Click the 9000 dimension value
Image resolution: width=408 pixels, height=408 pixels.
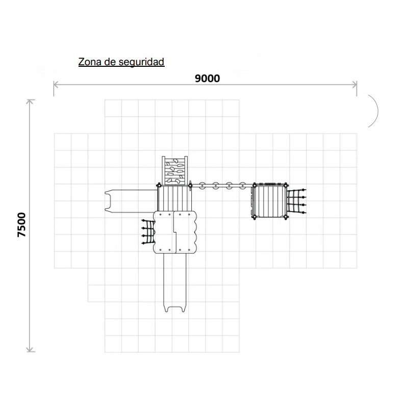coord(207,79)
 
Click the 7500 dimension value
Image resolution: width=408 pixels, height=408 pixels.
coord(22,225)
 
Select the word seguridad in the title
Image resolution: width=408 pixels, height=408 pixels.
coord(141,62)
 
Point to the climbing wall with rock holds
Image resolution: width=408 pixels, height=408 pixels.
coord(175,171)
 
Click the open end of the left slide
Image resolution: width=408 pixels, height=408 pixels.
coord(107,201)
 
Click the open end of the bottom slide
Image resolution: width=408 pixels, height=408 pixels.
coord(174,309)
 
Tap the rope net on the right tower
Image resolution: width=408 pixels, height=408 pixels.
coord(297,201)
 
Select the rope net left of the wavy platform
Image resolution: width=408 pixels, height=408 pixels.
coord(148,232)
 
